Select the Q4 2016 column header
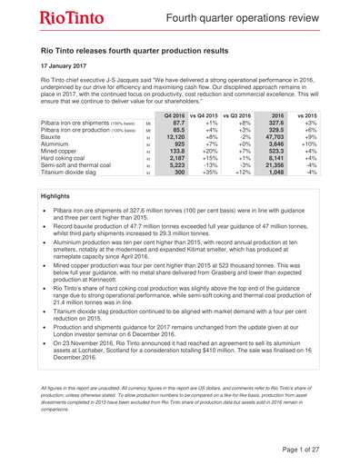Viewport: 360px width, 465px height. point(188,143)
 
